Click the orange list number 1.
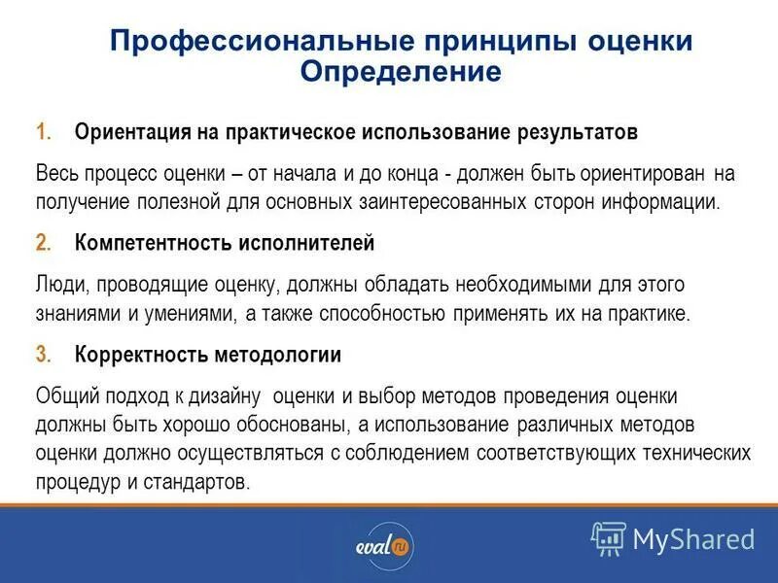43,131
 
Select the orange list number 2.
43,243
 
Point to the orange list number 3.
43,355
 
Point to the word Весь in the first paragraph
56,174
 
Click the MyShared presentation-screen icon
609,538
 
